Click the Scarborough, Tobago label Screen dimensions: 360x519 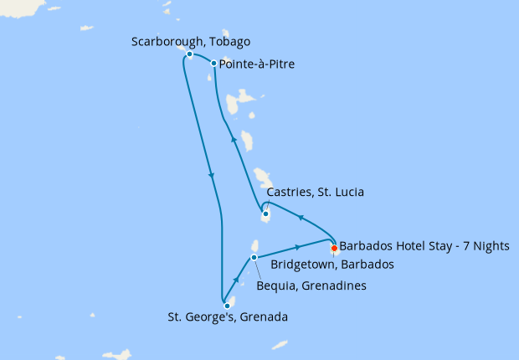pos(191,41)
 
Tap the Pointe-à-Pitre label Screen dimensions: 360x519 pos(257,64)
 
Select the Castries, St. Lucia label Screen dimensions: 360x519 pos(315,193)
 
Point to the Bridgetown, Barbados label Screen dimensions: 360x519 pos(332,265)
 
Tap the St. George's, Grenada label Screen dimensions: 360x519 pos(228,317)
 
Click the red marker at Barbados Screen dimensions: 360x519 pos(334,248)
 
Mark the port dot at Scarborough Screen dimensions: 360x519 pos(190,54)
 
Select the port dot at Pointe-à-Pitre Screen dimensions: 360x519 pos(214,64)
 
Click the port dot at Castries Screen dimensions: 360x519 pos(265,214)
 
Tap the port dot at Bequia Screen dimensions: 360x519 pos(254,257)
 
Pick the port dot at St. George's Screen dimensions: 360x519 pos(227,306)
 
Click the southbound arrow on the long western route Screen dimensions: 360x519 pos(212,176)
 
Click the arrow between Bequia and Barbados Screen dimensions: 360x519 pos(298,247)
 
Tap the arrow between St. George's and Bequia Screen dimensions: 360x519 pos(238,280)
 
